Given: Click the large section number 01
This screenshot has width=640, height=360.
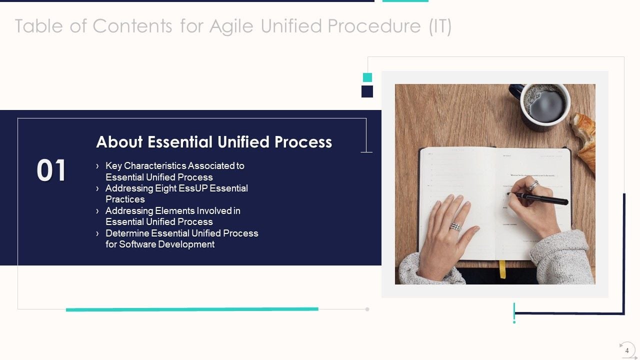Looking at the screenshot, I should [51, 170].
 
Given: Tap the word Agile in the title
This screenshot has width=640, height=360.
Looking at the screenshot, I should [232, 26].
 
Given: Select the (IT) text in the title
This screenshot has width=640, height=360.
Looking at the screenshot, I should [439, 26].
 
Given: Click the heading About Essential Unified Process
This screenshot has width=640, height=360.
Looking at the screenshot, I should [214, 142].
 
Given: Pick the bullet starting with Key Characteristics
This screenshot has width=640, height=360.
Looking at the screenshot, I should [174, 171].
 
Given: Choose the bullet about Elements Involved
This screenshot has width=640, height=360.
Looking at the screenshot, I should [172, 216].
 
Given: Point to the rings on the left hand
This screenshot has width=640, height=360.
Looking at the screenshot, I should [454, 226].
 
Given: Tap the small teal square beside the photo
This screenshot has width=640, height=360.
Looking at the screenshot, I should [367, 77].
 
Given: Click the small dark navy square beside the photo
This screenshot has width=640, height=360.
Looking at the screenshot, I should [367, 91].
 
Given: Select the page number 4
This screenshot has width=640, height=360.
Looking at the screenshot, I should [627, 350].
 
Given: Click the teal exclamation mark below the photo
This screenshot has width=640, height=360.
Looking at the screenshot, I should [514, 312].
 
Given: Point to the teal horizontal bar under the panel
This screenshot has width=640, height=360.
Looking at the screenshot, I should [192, 309].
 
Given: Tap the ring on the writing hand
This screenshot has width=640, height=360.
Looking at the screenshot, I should [533, 186].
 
